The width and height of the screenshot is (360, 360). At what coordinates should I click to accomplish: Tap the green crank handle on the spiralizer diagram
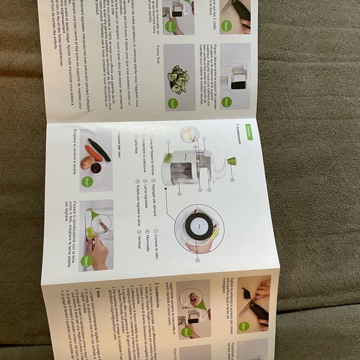[x=231, y=161]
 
